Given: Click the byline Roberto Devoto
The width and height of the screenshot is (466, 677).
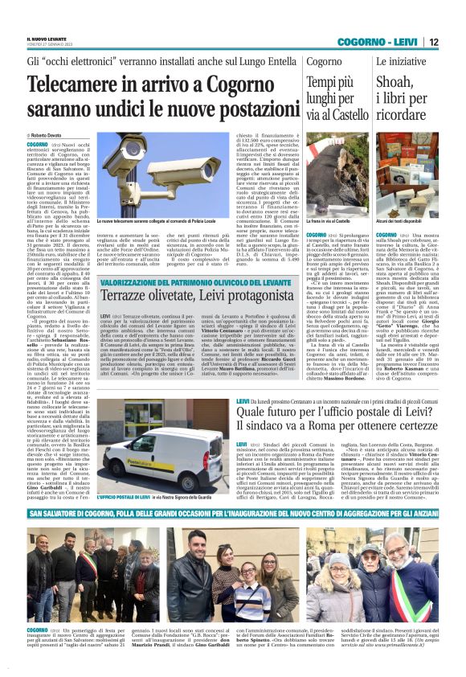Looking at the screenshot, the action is click(x=48, y=137).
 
